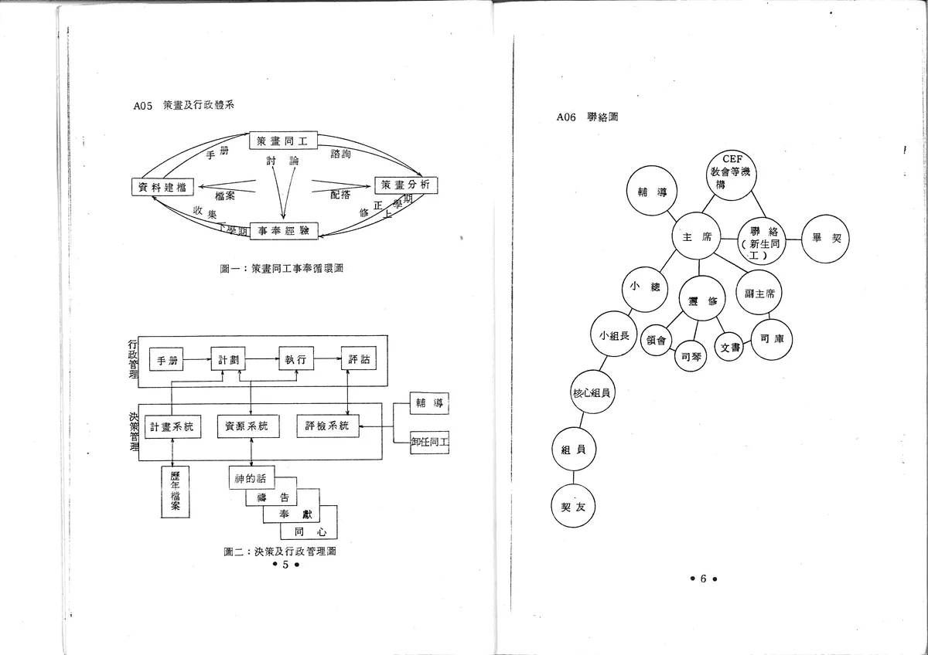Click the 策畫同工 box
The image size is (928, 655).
(284, 141)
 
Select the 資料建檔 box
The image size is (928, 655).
(164, 187)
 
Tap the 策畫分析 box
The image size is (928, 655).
(407, 185)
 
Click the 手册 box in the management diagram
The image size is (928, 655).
(167, 361)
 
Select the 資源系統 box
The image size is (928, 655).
(247, 426)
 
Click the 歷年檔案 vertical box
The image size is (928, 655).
(176, 490)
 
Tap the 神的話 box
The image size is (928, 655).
(251, 479)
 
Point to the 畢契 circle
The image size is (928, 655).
(826, 239)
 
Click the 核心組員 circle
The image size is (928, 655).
(592, 393)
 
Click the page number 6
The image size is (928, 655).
(704, 579)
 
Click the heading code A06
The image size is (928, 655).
(568, 117)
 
